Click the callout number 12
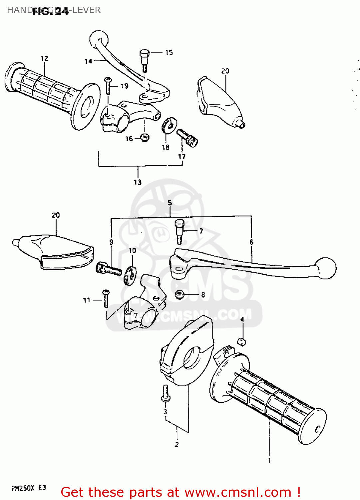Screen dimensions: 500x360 pyautogui.click(x=44, y=59)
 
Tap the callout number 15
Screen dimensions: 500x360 pyautogui.click(x=169, y=52)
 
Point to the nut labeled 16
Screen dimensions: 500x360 pyautogui.click(x=145, y=137)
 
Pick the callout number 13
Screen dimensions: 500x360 pyautogui.click(x=138, y=182)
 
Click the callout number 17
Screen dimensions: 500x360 pyautogui.click(x=182, y=156)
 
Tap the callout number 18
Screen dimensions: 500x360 pyautogui.click(x=166, y=147)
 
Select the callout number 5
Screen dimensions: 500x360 pyautogui.click(x=170, y=203)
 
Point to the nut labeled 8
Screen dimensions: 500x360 pyautogui.click(x=180, y=295)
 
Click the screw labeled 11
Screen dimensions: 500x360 pyautogui.click(x=106, y=298)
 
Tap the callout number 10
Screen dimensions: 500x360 pyautogui.click(x=132, y=250)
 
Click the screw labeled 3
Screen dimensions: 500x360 pyautogui.click(x=165, y=394)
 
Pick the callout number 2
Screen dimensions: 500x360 pyautogui.click(x=177, y=444)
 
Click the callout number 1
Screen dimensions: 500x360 pyautogui.click(x=269, y=460)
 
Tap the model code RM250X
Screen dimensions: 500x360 pyautogui.click(x=23, y=488)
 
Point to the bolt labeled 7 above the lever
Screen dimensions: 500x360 pyautogui.click(x=179, y=230)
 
